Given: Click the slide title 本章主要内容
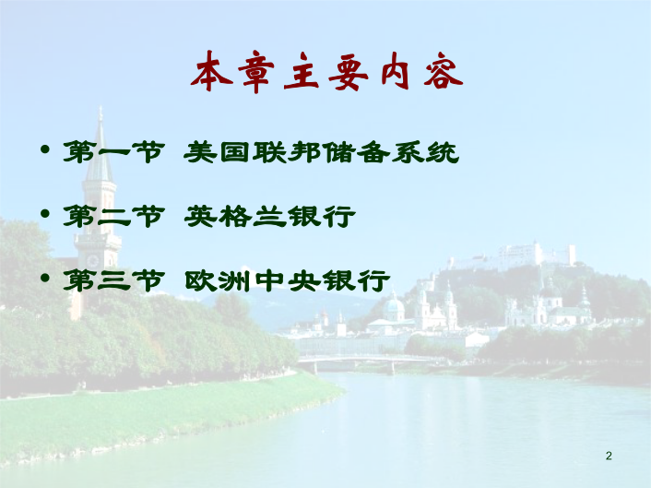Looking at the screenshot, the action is [x=326, y=72].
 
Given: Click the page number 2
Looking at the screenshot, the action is [x=609, y=456].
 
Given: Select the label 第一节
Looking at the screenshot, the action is [x=113, y=151].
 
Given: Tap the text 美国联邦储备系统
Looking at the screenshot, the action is [x=321, y=152].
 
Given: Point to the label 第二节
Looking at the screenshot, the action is [x=113, y=216].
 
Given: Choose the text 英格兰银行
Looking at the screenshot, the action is [x=269, y=216].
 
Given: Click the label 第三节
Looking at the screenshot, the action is [x=113, y=280].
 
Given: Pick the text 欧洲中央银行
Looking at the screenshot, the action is [x=287, y=280].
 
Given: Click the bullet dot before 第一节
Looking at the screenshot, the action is [x=45, y=149].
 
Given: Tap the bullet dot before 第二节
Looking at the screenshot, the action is [x=45, y=214].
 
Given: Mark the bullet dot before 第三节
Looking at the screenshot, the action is [x=45, y=278].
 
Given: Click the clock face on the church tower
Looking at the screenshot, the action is [x=92, y=261].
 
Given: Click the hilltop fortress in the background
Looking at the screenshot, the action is [x=515, y=256].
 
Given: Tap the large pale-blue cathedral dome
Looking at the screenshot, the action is [x=394, y=307].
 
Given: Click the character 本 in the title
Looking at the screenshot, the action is [x=211, y=72].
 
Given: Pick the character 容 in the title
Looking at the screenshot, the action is [x=443, y=72].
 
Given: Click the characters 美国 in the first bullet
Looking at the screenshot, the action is [x=219, y=152].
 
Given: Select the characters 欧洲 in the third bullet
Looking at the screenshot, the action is [x=218, y=280].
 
